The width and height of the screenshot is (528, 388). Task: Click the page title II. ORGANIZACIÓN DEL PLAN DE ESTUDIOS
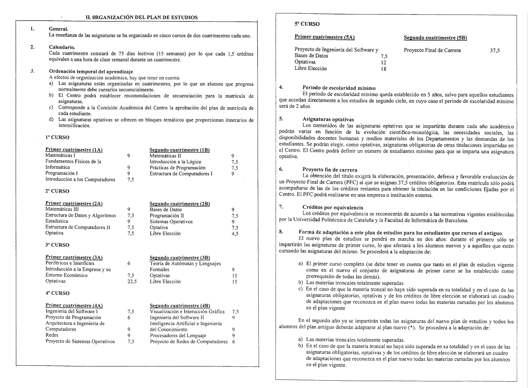[142, 18]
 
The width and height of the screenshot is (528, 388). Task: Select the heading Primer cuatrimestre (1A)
[74, 150]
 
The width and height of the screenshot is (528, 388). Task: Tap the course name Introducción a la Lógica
[175, 162]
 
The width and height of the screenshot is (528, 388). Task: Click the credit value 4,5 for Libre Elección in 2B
[235, 234]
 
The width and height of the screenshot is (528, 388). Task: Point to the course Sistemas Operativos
[171, 222]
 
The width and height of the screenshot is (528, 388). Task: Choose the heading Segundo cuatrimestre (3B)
[180, 258]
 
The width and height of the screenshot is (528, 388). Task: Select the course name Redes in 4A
[52, 335]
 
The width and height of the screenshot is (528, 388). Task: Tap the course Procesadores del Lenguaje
[178, 336]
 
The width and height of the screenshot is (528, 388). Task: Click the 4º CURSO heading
[57, 293]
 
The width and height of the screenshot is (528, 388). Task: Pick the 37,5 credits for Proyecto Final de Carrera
[494, 51]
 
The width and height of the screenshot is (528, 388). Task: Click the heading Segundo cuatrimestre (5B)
[435, 38]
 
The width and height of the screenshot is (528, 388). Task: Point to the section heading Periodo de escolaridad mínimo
[339, 88]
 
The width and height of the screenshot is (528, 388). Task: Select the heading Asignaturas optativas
[328, 119]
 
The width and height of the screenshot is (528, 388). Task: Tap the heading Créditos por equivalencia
[333, 208]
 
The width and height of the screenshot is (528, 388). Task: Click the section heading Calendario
[62, 47]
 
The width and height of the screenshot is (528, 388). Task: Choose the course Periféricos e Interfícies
[70, 263]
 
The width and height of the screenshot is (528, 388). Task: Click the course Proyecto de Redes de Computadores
[189, 342]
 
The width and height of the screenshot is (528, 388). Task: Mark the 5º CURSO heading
[307, 24]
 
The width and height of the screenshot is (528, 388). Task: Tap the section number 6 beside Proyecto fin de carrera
[281, 169]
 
